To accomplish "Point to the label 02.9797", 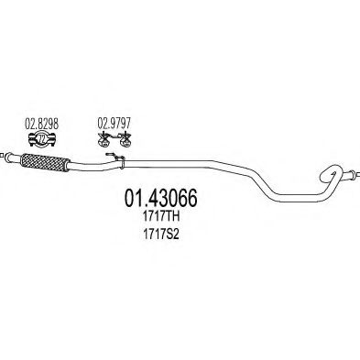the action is pos(113,121).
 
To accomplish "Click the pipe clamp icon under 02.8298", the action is pos(41,138).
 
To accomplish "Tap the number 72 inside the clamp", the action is pos(41,139).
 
